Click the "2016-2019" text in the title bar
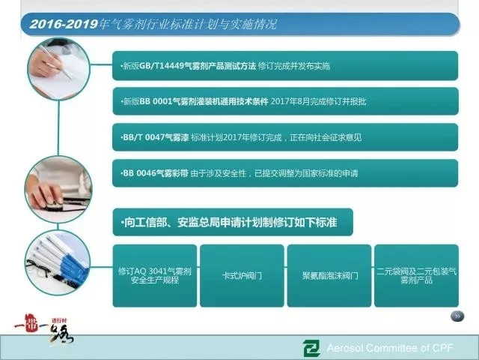[x=64, y=24]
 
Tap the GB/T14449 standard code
[x=162, y=66]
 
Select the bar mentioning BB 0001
[x=285, y=101]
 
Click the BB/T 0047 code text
[x=144, y=137]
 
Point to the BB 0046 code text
[x=139, y=173]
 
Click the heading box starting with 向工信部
[x=233, y=222]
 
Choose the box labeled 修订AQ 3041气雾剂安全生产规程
[x=155, y=275]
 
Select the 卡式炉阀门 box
[x=242, y=275]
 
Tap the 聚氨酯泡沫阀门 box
[x=329, y=275]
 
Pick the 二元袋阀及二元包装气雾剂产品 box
[x=416, y=275]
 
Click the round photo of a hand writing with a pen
[x=58, y=69]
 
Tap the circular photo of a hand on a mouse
[x=58, y=189]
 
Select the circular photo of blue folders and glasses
[x=58, y=262]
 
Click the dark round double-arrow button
[x=457, y=316]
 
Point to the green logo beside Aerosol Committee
[x=311, y=348]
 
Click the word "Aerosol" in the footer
[x=344, y=348]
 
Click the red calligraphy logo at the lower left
[x=43, y=329]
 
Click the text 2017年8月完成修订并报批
[x=318, y=101]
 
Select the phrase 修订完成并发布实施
[x=294, y=66]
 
